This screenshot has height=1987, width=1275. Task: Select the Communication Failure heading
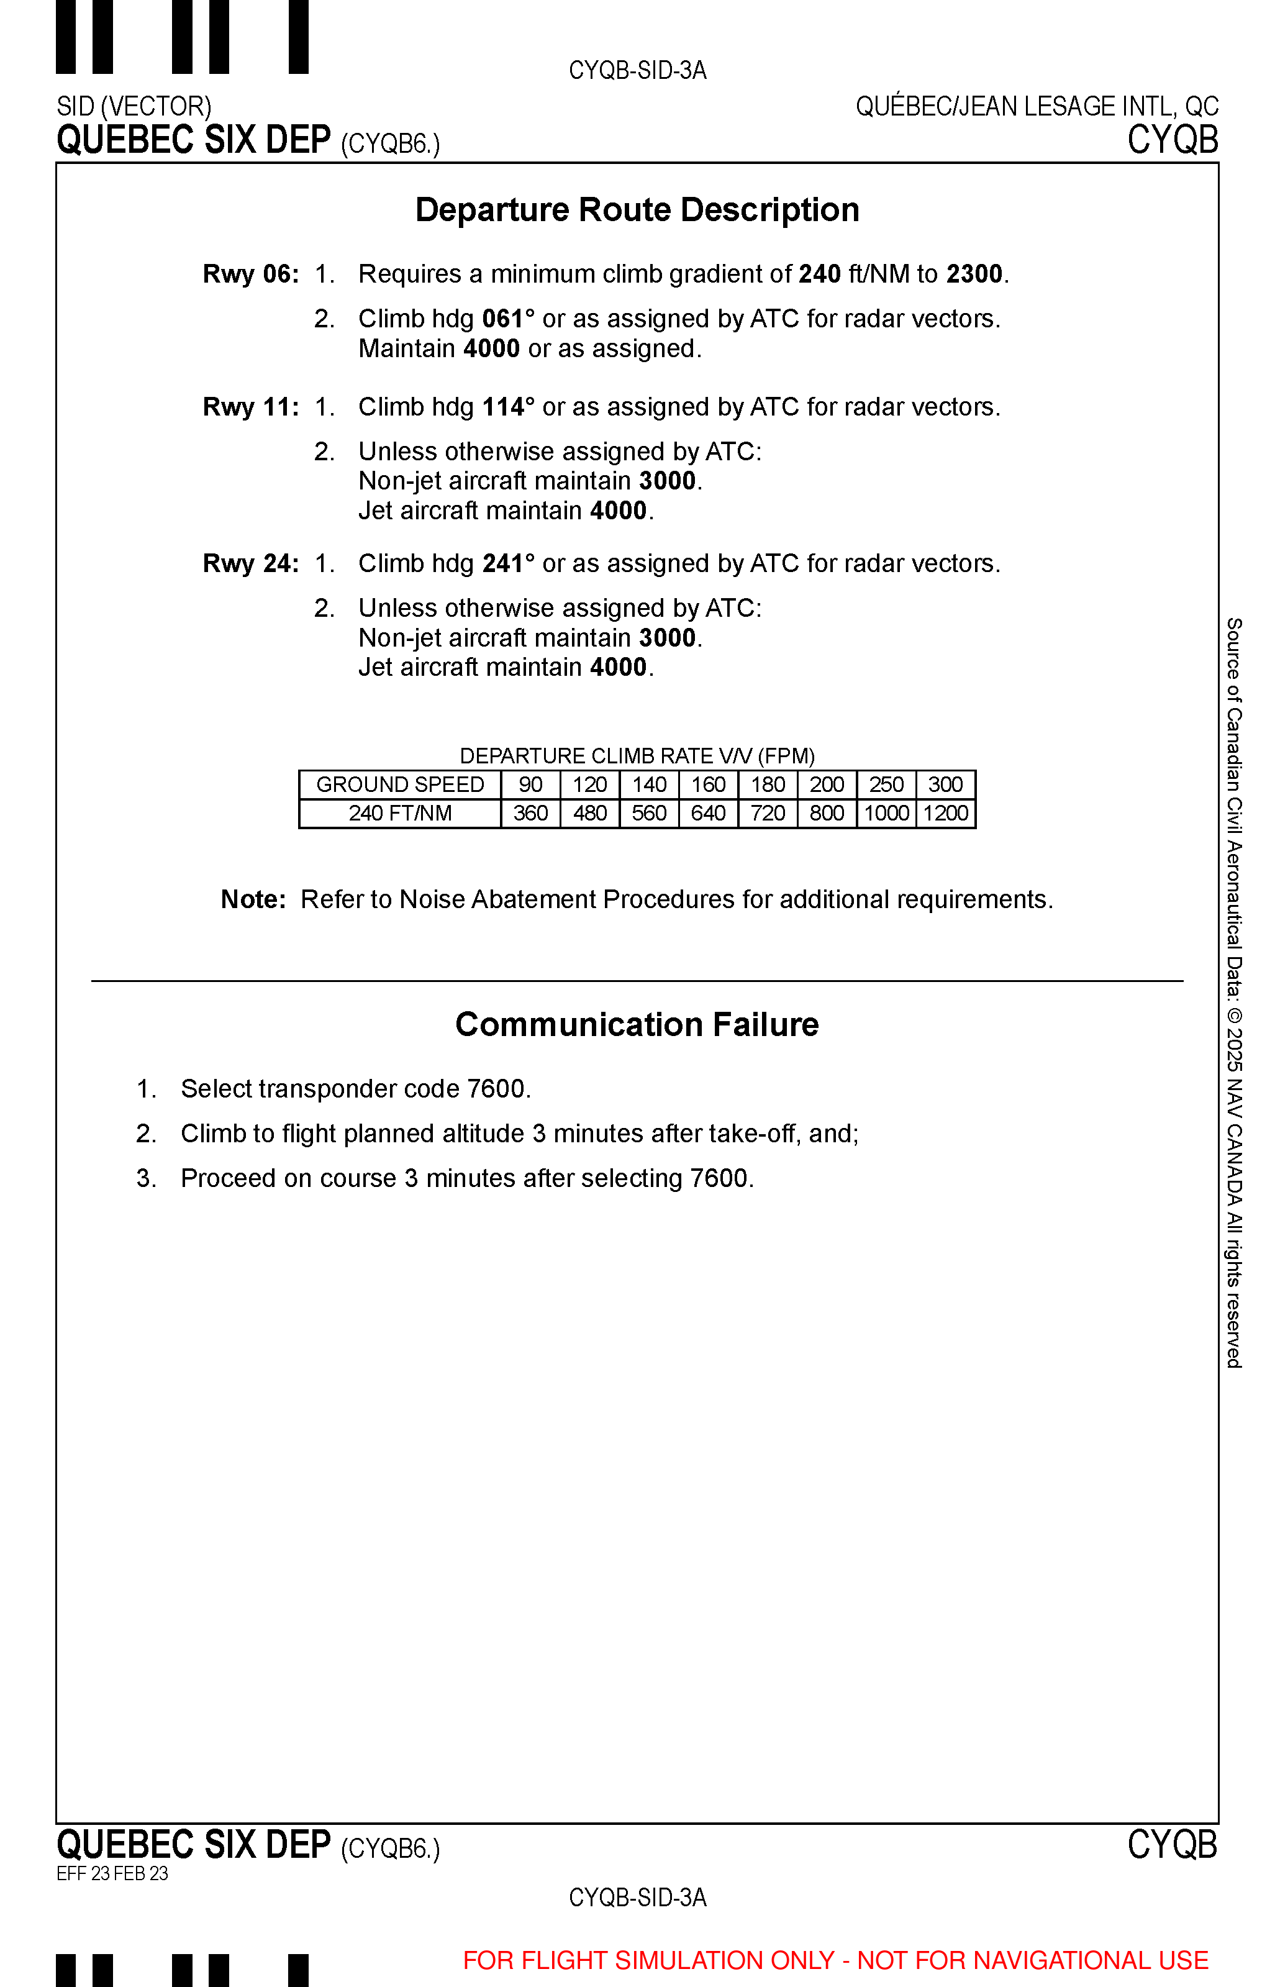click(x=637, y=1025)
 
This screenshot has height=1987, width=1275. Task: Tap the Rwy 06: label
click(x=251, y=274)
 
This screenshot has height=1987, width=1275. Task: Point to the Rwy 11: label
click(x=251, y=407)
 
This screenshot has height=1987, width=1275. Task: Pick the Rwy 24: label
click(x=251, y=564)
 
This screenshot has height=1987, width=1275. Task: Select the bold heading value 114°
click(x=507, y=407)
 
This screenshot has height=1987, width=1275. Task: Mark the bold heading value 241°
click(x=507, y=564)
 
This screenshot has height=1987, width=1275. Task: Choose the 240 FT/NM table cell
click(x=400, y=814)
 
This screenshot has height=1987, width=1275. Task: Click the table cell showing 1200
click(x=945, y=814)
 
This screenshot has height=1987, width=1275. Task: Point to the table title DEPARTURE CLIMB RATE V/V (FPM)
click(x=637, y=756)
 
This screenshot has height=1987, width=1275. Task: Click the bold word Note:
click(x=253, y=900)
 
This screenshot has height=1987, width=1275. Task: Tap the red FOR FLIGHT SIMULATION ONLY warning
click(x=835, y=1960)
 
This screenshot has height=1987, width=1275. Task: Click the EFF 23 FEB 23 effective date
click(x=112, y=1873)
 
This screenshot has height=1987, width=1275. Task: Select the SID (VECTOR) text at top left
click(x=134, y=107)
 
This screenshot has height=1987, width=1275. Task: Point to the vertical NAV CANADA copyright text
click(x=1233, y=994)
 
